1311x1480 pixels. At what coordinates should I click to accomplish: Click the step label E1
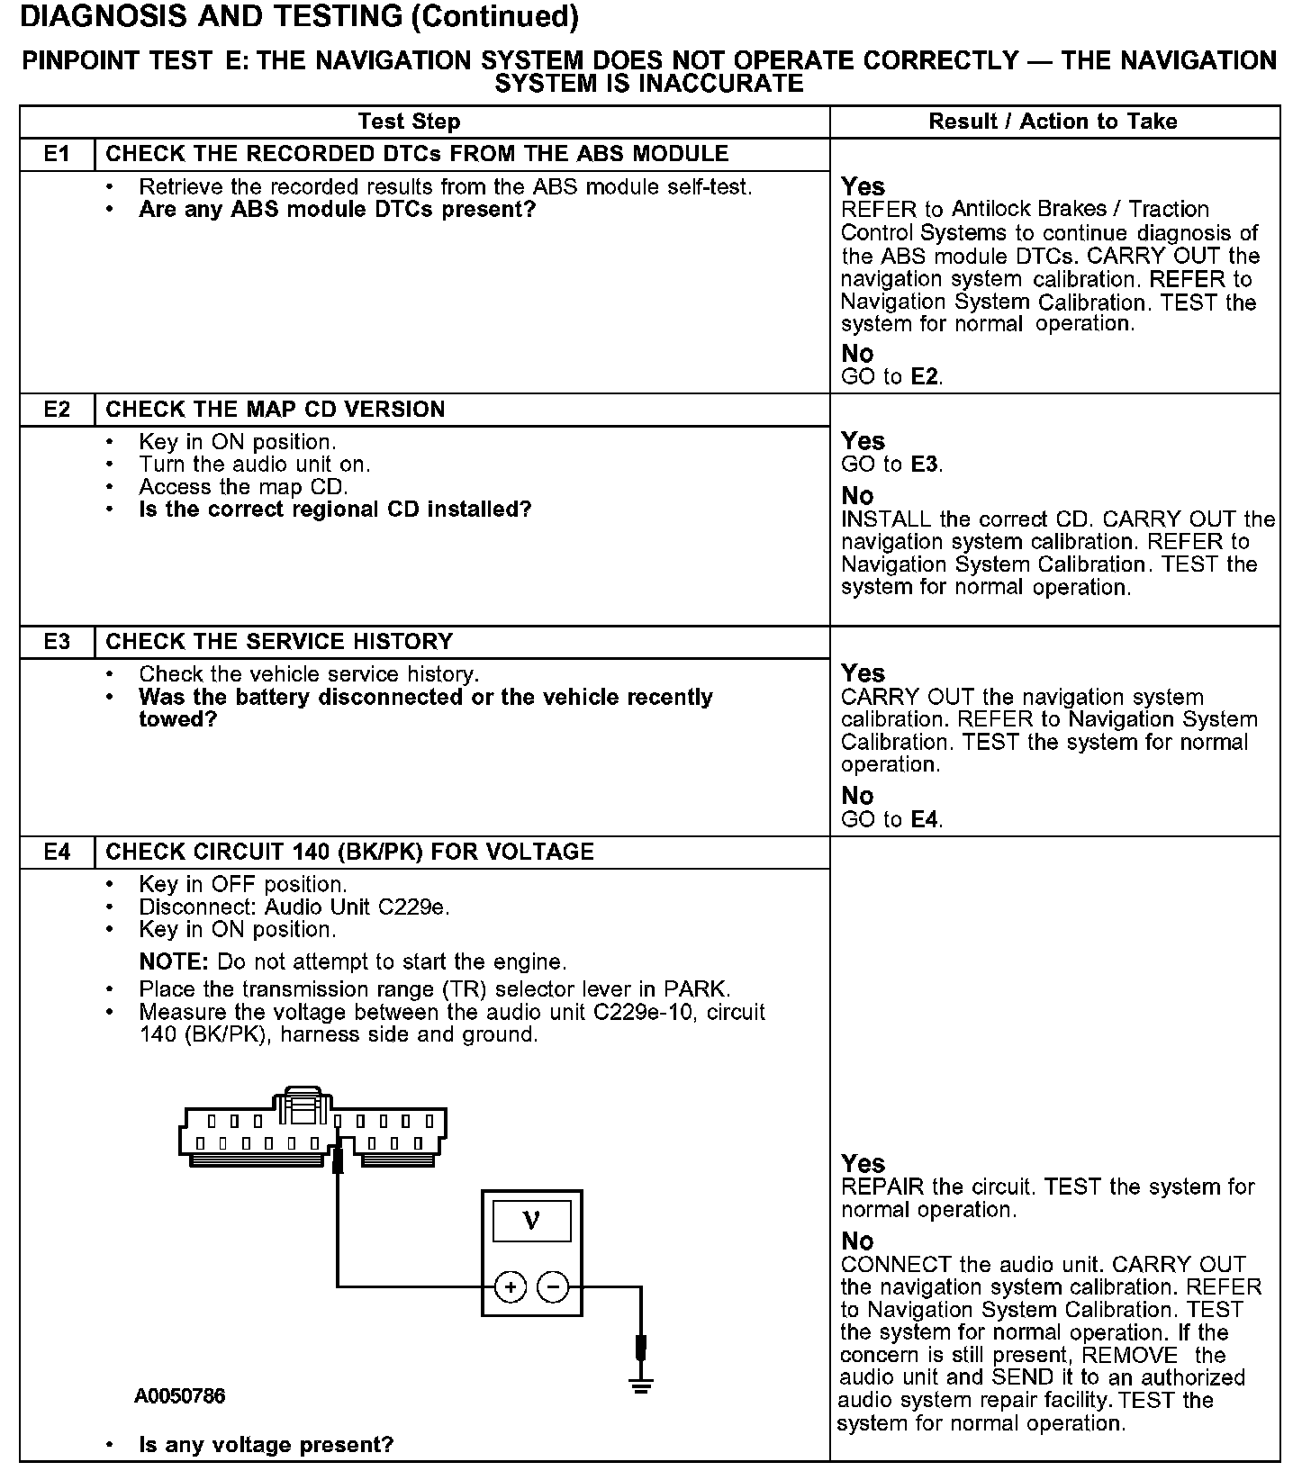[x=57, y=154]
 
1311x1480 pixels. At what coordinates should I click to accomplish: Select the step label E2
[x=57, y=410]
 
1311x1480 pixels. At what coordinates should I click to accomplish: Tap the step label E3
[x=57, y=642]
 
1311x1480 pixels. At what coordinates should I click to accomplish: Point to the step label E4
[x=57, y=853]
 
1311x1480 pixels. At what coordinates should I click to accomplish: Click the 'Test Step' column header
[x=409, y=122]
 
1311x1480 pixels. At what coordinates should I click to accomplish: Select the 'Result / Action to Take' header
[x=1053, y=122]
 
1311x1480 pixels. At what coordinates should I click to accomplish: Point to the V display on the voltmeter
[x=531, y=1222]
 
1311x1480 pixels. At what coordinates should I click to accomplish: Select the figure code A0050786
[x=180, y=1396]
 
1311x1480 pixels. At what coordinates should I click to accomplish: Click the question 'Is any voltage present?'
[x=266, y=1445]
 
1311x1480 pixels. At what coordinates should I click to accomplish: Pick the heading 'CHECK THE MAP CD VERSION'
[x=276, y=410]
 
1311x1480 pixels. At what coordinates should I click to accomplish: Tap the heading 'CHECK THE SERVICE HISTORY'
[x=279, y=642]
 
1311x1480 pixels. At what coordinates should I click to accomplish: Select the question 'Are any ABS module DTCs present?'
[x=337, y=210]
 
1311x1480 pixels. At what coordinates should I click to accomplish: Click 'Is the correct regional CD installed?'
[x=335, y=510]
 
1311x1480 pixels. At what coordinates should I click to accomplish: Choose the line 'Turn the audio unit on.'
[x=254, y=465]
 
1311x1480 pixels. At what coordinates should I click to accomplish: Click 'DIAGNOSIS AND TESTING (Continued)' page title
[x=299, y=16]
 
